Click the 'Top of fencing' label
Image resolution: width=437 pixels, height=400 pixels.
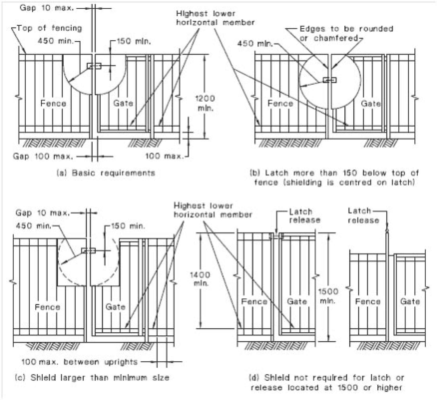(49, 28)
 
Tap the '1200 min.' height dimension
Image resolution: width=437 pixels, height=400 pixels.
(205, 103)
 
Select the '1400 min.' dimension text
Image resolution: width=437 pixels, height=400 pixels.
(200, 279)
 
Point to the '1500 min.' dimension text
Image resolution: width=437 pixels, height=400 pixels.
(328, 296)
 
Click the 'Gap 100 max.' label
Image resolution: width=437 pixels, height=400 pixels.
(43, 156)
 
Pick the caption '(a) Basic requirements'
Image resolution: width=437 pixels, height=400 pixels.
(106, 173)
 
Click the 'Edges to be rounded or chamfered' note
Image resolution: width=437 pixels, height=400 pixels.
(346, 33)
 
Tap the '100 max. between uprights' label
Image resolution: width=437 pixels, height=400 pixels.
(79, 362)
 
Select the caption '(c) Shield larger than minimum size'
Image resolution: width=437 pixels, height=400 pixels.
(92, 377)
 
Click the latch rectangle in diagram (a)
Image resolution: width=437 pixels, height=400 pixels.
(94, 66)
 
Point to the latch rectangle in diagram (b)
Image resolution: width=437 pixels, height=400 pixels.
(330, 80)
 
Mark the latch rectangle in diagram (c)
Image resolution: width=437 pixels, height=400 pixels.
(88, 250)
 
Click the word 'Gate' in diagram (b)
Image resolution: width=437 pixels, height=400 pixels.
(371, 104)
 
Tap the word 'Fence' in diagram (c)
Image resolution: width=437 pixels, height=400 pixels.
(47, 307)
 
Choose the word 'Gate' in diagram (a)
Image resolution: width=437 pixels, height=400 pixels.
(123, 103)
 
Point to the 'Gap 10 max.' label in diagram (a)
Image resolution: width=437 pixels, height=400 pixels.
(47, 8)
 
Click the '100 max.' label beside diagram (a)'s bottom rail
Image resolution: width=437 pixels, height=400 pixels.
(164, 156)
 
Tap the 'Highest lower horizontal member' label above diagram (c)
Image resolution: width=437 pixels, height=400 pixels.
(213, 210)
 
